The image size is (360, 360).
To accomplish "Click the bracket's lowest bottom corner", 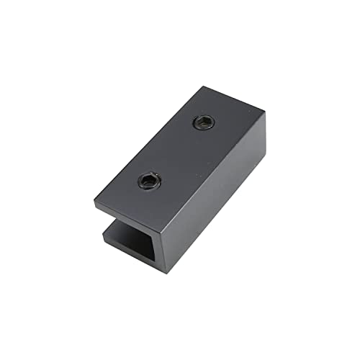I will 167,272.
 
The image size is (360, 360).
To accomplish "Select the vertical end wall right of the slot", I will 166,245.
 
